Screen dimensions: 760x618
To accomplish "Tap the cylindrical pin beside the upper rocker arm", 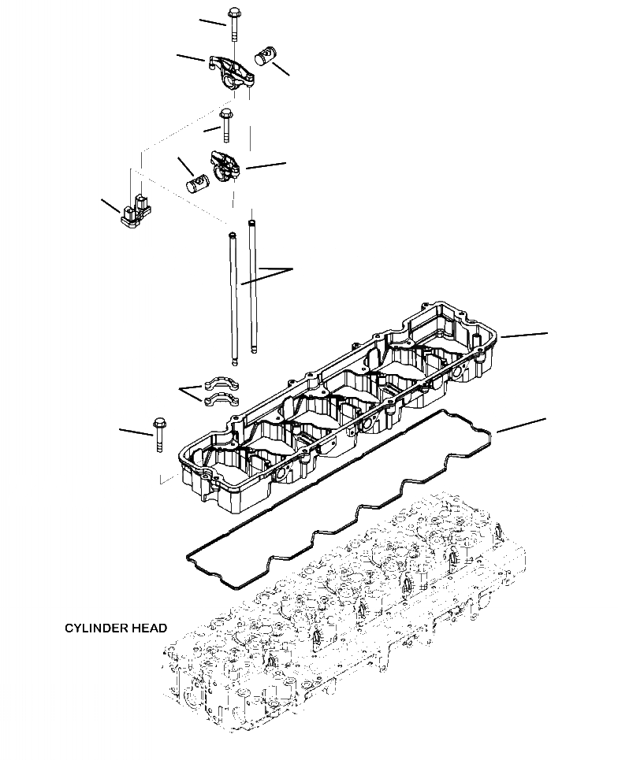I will [266, 57].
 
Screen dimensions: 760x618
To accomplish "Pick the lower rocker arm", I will [224, 166].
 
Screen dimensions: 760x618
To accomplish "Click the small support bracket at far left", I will [135, 209].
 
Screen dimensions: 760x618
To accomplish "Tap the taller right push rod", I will [252, 287].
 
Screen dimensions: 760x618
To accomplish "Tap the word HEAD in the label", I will [151, 628].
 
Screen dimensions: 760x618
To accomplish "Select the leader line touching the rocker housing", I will [524, 336].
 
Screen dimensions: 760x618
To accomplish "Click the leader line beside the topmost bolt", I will [212, 21].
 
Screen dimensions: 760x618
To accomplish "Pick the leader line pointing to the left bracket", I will [110, 206].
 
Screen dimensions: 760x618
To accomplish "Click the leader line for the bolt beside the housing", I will [135, 431].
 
